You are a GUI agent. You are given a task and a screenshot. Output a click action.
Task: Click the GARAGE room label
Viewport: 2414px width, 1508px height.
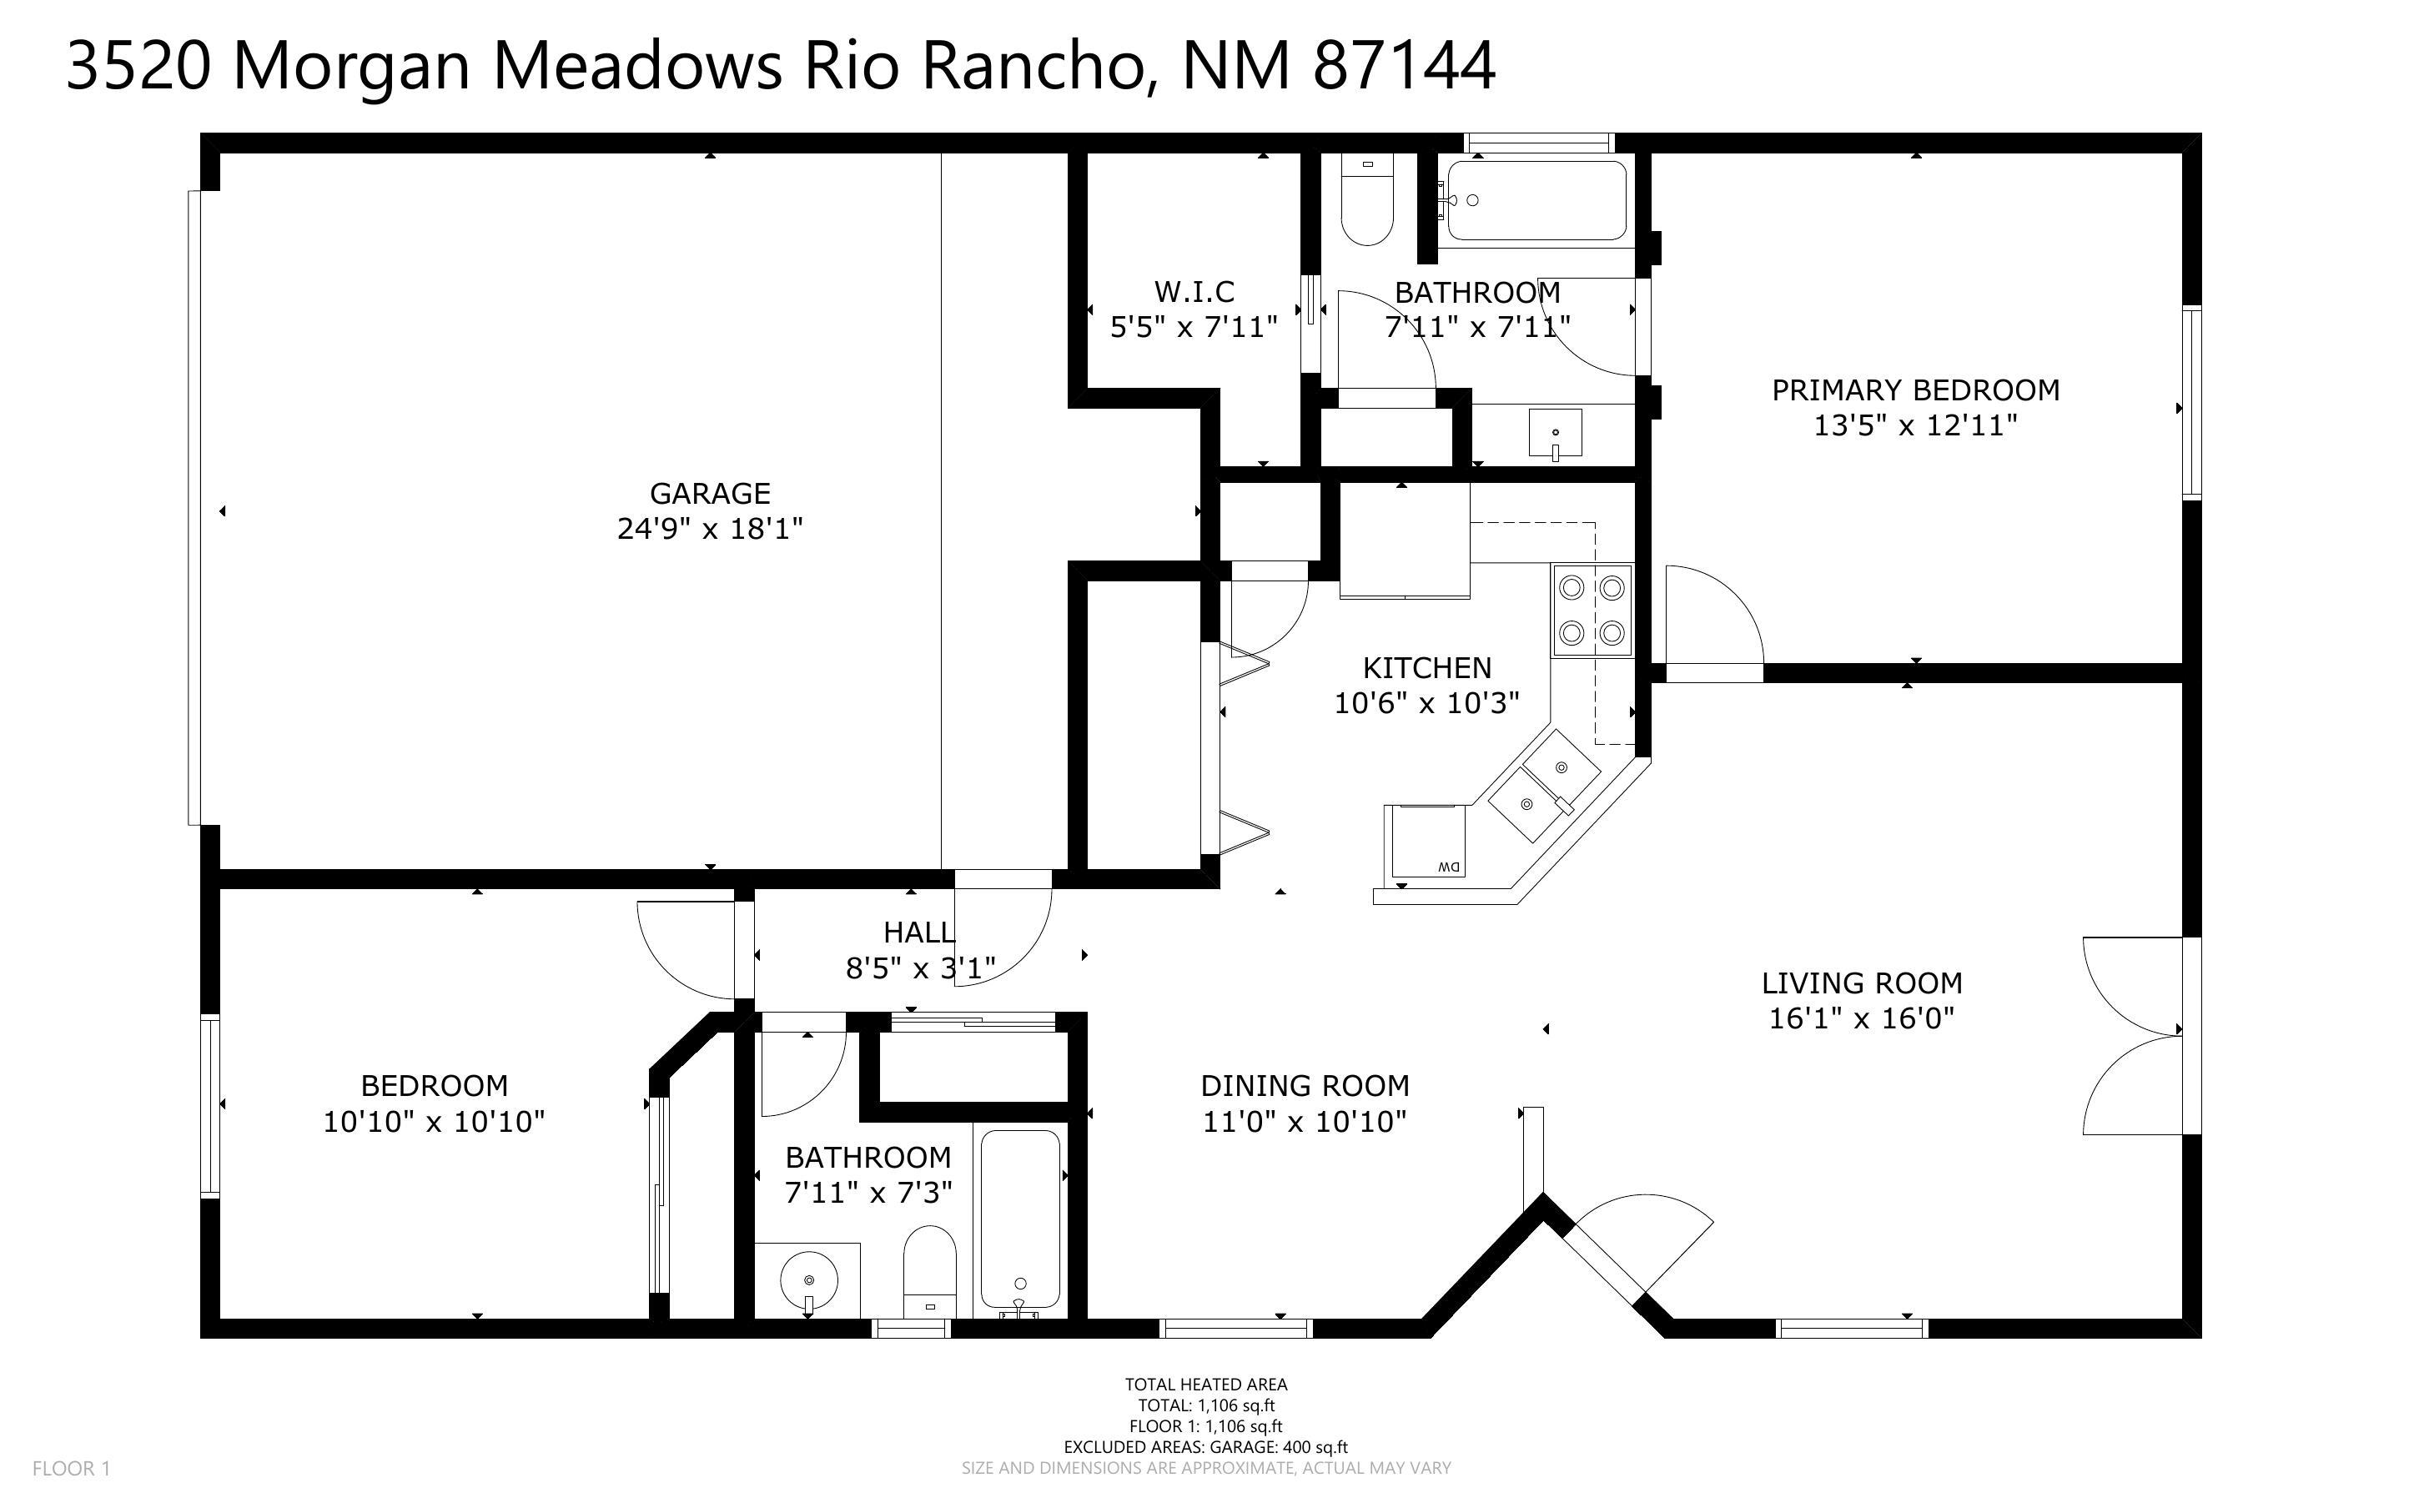pos(709,494)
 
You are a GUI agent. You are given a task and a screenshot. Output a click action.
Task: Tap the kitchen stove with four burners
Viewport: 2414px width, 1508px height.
pos(1592,610)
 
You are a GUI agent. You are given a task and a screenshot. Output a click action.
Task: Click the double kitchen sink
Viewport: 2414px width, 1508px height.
pos(1543,785)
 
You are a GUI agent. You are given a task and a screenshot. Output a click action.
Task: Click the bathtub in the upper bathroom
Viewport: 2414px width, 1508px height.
pos(1536,200)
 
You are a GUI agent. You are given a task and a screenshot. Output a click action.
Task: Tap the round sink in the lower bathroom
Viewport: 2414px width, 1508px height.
pos(808,1279)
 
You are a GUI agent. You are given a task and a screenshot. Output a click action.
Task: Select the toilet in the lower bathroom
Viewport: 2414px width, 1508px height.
pos(929,1272)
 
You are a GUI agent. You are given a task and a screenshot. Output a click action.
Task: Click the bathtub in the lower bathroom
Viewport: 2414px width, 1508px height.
pos(1020,1219)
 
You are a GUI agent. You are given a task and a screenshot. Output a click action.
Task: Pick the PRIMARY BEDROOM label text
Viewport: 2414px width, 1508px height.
pos(1914,390)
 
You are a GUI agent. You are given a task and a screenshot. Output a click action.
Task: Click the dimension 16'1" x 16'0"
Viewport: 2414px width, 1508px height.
pos(1862,1018)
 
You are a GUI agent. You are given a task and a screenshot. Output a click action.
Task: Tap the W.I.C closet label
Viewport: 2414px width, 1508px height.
pos(1194,292)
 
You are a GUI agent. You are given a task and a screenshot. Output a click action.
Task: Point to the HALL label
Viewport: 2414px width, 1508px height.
pos(918,932)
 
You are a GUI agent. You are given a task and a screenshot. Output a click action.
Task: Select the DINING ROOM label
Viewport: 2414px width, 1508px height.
pos(1305,1085)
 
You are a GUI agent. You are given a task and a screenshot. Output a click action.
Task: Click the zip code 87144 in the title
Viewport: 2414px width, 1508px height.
pos(1404,66)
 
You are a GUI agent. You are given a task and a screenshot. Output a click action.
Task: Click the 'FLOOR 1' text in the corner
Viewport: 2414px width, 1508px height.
pos(71,1468)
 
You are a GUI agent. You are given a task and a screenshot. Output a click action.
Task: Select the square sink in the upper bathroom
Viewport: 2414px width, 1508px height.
pos(1555,432)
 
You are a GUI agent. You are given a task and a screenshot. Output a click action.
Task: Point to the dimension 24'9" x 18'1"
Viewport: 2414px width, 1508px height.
pos(709,529)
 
